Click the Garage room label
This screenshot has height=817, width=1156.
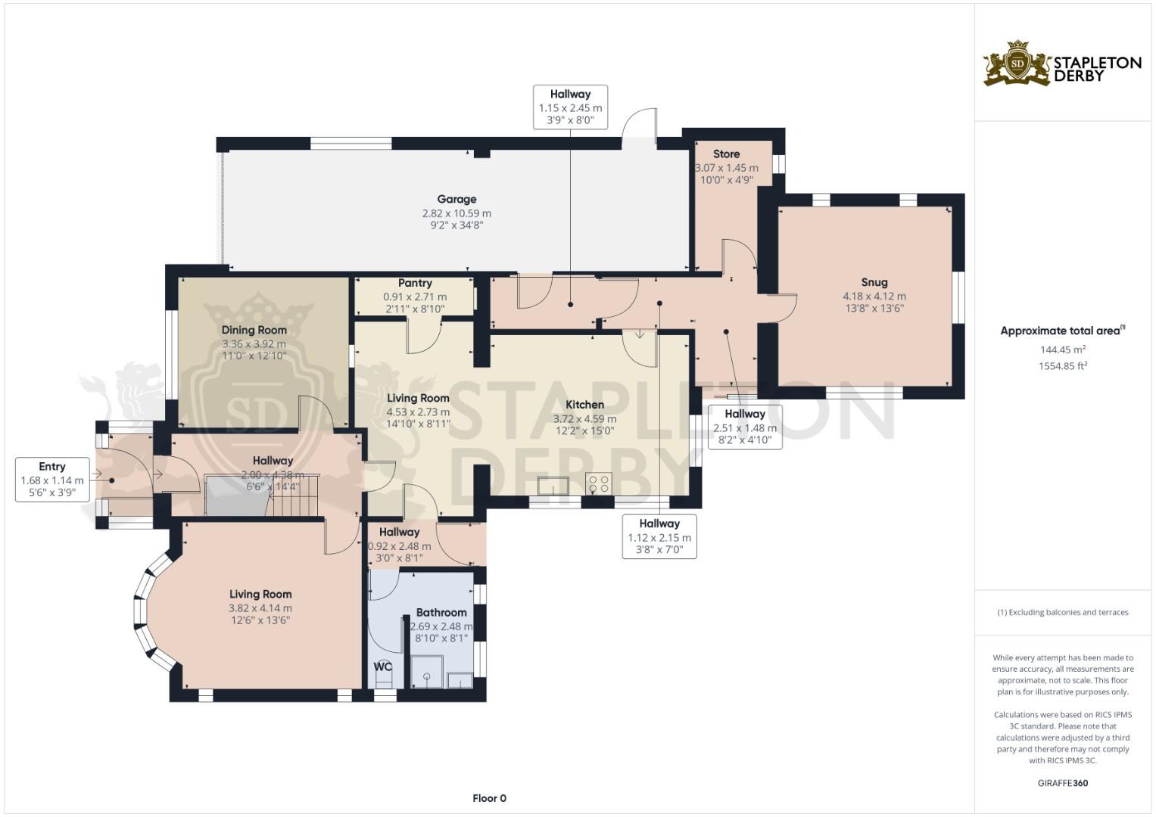456,199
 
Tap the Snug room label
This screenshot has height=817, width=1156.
874,282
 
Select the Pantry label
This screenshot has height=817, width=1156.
415,283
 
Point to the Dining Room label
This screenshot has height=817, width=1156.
254,330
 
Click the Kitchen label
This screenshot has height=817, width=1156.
584,405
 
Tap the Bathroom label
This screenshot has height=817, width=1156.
441,612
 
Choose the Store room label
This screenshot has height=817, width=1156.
727,154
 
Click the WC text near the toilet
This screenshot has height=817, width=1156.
383,667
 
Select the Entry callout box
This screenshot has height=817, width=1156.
52,480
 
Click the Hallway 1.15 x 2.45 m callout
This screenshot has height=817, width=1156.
570,107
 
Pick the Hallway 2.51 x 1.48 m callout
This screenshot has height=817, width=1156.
745,427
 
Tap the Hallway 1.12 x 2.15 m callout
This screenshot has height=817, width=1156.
659,536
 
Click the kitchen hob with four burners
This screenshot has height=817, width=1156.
599,483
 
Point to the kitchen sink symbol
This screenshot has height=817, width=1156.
553,486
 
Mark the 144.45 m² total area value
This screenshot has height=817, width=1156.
1063,349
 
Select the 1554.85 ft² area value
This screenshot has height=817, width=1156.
1063,365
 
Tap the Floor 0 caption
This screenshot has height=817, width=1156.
489,798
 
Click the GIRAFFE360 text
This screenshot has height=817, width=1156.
1063,783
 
